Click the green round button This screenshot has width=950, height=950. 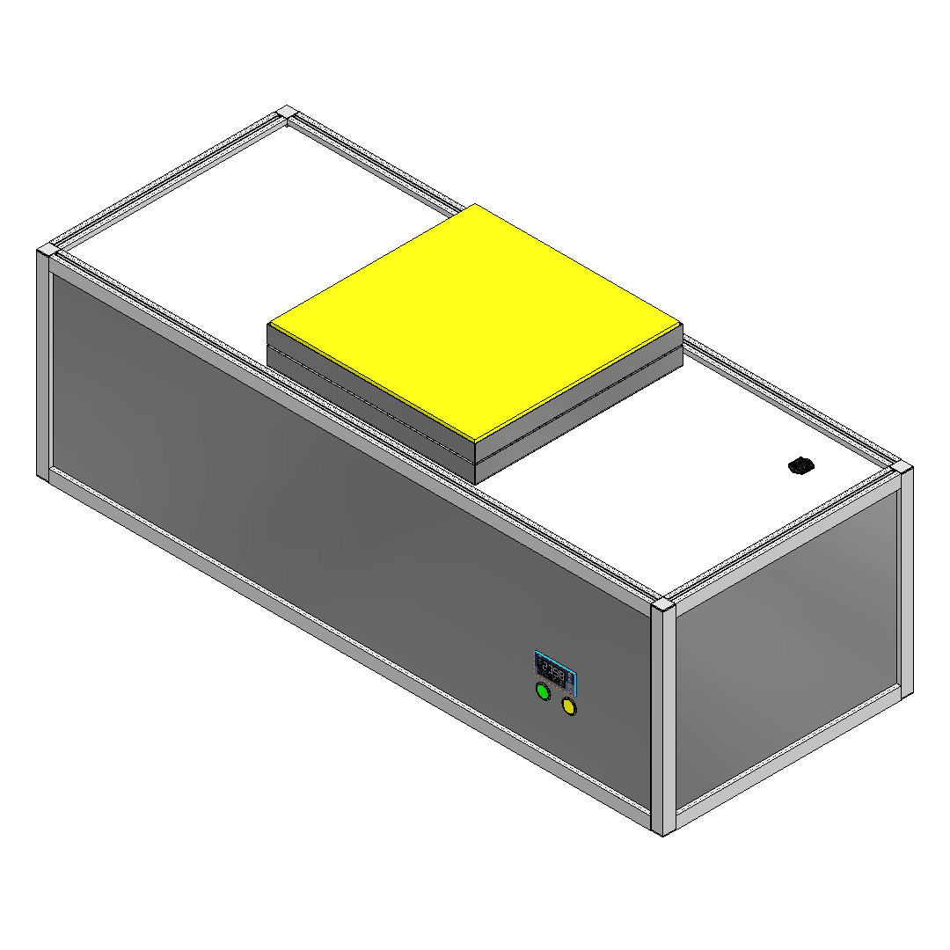point(543,692)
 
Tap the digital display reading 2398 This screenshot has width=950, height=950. point(552,672)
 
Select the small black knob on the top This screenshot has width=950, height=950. point(800,465)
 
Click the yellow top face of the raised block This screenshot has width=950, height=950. point(475,321)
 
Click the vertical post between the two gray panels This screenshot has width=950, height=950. point(664,721)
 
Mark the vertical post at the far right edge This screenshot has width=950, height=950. point(906,581)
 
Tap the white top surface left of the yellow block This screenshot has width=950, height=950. point(246,237)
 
